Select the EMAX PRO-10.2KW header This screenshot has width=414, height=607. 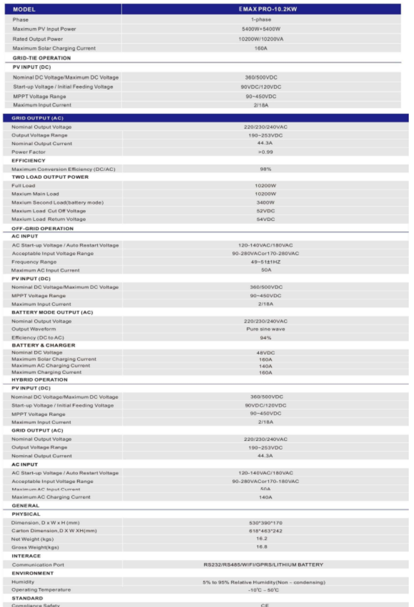pos(266,9)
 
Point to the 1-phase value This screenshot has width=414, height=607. pos(266,19)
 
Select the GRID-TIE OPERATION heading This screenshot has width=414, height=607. pos(41,58)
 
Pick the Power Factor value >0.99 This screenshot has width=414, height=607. pos(266,151)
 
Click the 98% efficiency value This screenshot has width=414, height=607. pos(266,169)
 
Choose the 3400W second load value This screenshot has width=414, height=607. pos(266,203)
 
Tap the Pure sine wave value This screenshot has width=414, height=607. pos(266,329)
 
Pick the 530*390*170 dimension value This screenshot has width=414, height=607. pos(266,508)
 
